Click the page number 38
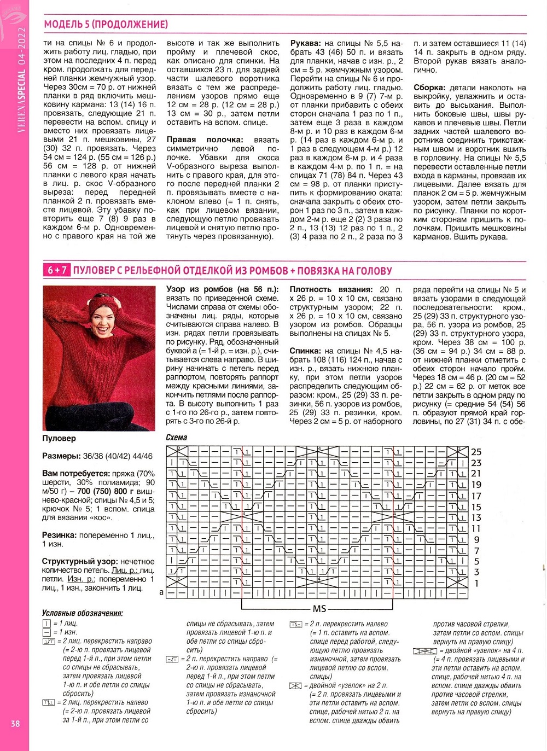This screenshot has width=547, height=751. [15, 723]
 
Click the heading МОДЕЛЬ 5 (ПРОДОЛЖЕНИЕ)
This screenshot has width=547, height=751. [106, 25]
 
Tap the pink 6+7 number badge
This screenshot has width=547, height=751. [57, 270]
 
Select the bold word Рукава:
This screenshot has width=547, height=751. [306, 43]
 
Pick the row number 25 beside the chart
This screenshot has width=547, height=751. [476, 452]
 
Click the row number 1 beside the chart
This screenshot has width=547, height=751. [476, 583]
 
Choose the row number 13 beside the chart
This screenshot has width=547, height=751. [476, 517]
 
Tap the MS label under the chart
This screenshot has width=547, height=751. [319, 609]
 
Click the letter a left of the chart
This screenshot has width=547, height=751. [161, 592]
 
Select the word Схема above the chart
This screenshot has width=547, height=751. [177, 438]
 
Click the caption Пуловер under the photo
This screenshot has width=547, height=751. [59, 439]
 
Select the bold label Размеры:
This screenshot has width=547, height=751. [61, 456]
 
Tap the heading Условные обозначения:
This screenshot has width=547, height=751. [83, 613]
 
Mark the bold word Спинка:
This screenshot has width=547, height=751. [306, 351]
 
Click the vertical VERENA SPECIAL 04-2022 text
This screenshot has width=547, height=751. [22, 88]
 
